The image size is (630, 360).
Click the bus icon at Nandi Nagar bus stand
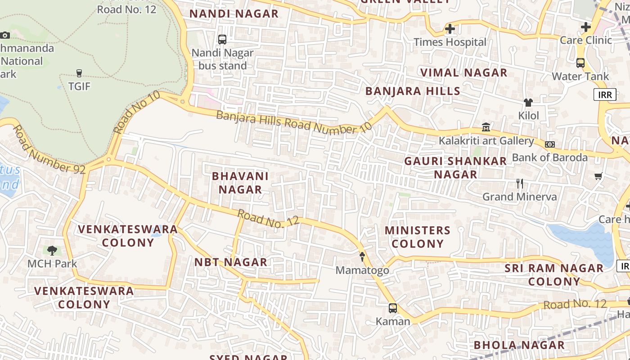tap(222, 40)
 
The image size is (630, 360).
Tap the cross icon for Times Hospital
tap(450, 29)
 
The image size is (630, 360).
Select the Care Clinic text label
tap(586, 40)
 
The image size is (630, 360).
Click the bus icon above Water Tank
tap(580, 63)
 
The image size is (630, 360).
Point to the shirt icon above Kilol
tap(528, 103)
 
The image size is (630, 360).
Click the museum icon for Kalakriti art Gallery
tap(486, 127)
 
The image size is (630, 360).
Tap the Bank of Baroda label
tap(550, 157)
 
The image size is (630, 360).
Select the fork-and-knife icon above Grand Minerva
tap(519, 184)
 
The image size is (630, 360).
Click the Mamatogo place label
tap(362, 270)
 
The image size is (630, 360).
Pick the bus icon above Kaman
tap(393, 308)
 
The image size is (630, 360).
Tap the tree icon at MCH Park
tap(52, 251)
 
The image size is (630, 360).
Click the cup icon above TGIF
tap(79, 73)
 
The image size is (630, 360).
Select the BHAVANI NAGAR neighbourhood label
tap(240, 183)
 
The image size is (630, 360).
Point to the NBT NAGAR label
tap(230, 262)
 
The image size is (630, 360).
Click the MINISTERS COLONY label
tap(418, 237)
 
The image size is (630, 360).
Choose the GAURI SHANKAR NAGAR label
tap(455, 168)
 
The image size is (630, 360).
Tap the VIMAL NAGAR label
tap(463, 72)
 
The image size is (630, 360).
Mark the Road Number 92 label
tap(43, 150)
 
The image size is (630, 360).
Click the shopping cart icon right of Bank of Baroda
tap(598, 176)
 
